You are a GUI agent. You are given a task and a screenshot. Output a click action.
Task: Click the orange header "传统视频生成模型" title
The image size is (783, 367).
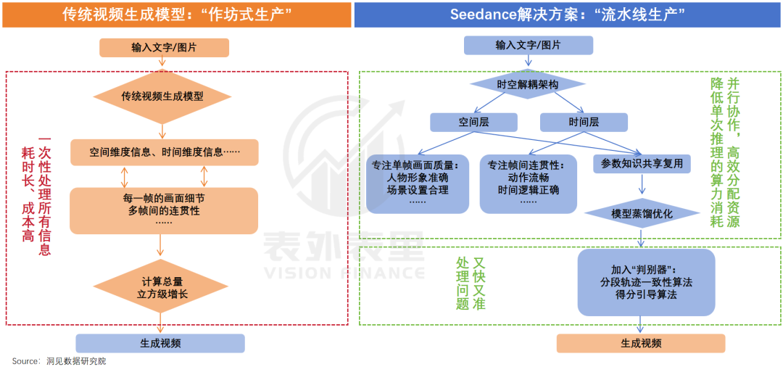tap(176, 15)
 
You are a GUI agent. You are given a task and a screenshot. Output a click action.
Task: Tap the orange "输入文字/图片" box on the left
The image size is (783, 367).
tap(164, 47)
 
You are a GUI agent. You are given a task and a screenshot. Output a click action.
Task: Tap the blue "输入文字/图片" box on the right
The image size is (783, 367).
tap(528, 46)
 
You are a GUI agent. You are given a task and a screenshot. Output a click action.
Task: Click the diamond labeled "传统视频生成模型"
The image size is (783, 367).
tap(162, 96)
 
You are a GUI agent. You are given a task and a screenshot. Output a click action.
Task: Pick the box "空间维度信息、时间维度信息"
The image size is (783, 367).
tap(164, 152)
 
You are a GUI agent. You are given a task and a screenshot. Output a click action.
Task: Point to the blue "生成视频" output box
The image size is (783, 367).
tap(160, 343)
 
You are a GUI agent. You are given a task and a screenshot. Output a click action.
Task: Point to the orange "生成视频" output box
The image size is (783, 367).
tap(641, 343)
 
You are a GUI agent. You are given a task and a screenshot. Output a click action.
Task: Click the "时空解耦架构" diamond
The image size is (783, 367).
tap(528, 85)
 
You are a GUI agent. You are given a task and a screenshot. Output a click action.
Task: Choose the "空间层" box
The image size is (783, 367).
tap(473, 122)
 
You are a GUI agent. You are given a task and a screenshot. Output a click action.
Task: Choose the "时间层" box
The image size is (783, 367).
tap(584, 122)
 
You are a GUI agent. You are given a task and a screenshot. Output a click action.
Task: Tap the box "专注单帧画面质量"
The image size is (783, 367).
tap(418, 183)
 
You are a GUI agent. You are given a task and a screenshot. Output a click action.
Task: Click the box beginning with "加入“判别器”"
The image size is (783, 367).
tap(646, 282)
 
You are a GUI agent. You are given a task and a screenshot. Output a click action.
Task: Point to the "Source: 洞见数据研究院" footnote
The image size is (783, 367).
tap(59, 360)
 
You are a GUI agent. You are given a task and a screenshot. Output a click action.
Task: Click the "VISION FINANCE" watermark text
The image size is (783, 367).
tap(343, 273)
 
